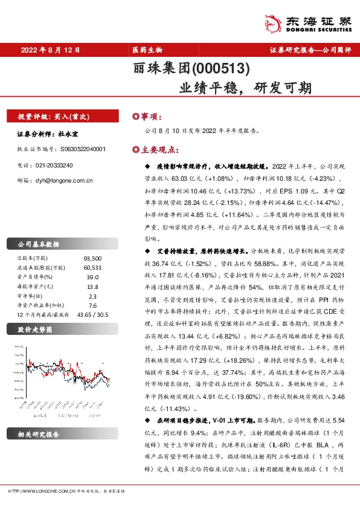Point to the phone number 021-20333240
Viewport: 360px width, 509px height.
[x=51, y=164]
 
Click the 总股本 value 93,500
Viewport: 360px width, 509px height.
[x=92, y=258]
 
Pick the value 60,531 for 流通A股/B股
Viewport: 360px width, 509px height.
[x=92, y=267]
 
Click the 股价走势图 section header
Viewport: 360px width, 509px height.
[x=33, y=330]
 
